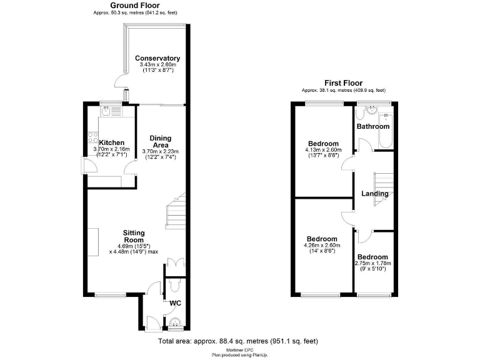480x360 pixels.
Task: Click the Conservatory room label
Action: coord(157,58)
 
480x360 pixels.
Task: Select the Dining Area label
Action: coord(161,141)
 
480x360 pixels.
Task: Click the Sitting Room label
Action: coord(134,235)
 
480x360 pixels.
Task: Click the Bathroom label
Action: coord(372,127)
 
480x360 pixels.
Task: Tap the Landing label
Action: coord(374,194)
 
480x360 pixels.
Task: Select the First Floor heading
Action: coord(343,83)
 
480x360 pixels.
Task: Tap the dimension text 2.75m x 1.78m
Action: coord(373,264)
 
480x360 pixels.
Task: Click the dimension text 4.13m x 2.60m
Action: coord(322,150)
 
